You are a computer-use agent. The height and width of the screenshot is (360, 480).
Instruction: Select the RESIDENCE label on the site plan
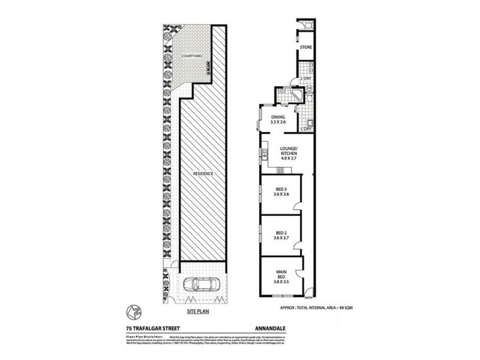click(x=203, y=174)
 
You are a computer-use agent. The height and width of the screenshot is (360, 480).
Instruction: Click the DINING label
click(x=277, y=117)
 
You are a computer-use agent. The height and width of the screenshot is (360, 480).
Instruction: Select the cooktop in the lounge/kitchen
click(x=265, y=157)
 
